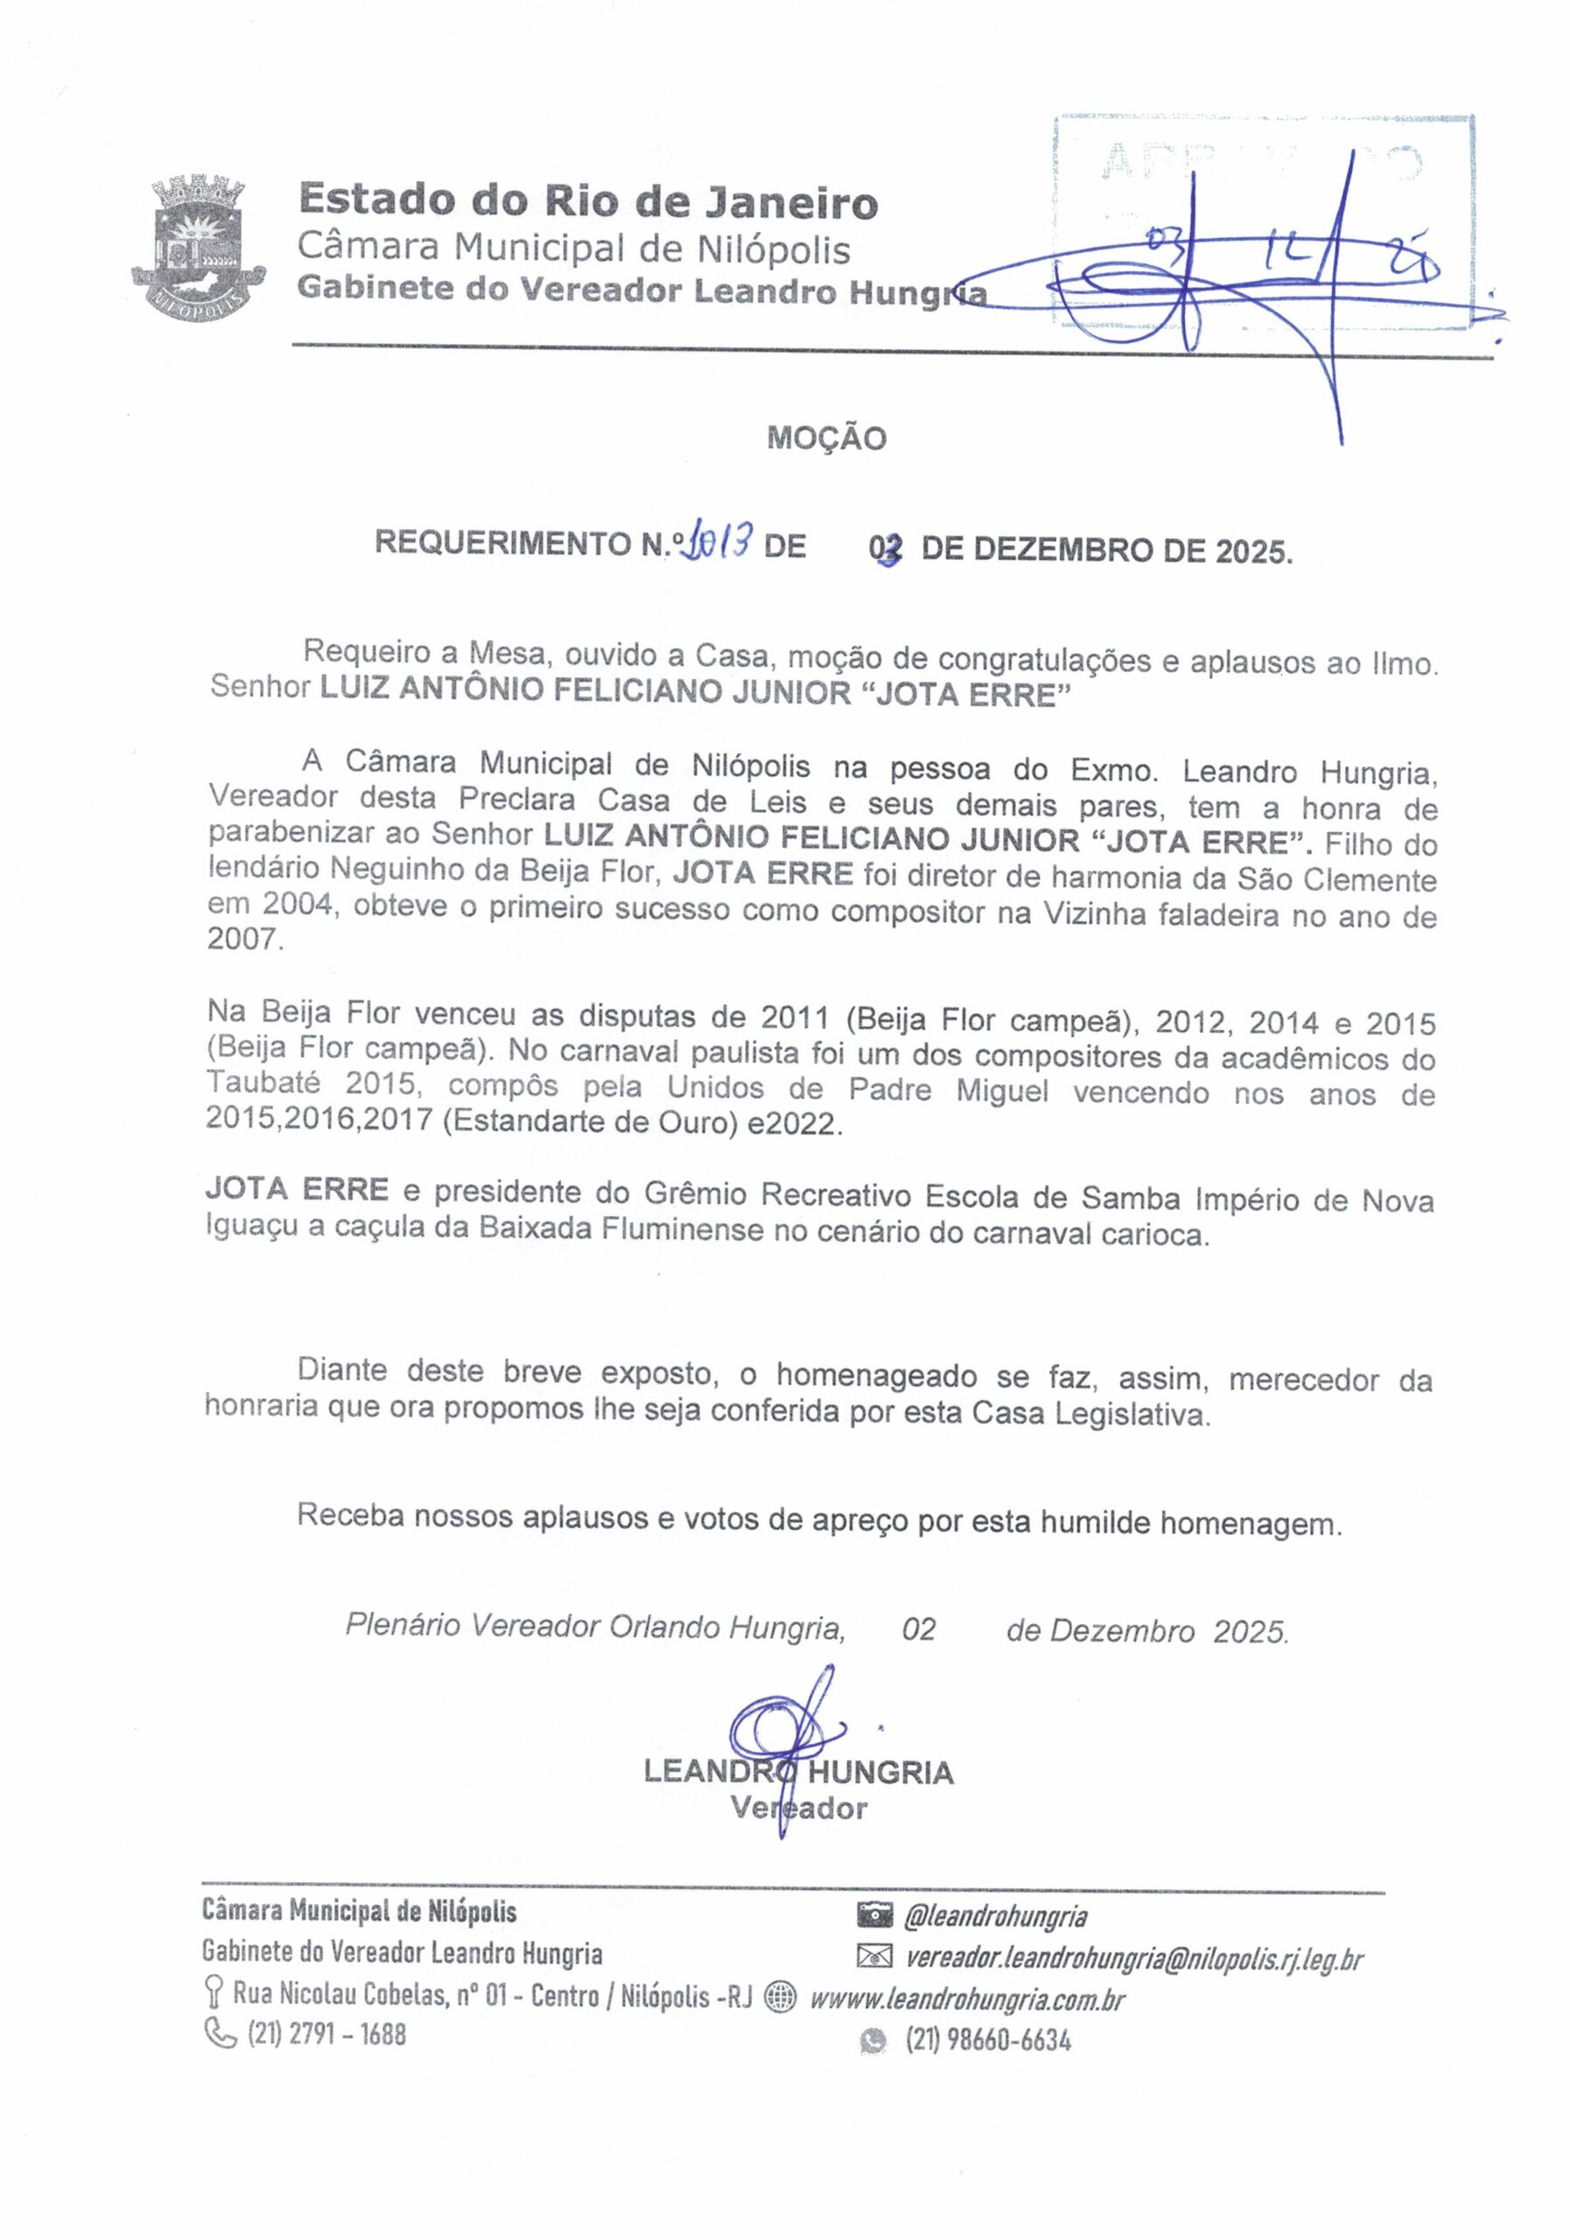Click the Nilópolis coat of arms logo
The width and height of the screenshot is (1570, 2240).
pyautogui.click(x=198, y=244)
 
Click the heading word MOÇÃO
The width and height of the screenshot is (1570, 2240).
pyautogui.click(x=826, y=438)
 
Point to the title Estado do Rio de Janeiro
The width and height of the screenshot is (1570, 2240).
pyautogui.click(x=588, y=201)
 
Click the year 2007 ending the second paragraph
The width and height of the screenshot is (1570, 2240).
pyautogui.click(x=243, y=941)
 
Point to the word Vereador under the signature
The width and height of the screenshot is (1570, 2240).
pyautogui.click(x=798, y=1808)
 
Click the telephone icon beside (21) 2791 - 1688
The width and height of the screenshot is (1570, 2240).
pyautogui.click(x=220, y=2034)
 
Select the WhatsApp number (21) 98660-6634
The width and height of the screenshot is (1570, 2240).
pyautogui.click(x=987, y=2039)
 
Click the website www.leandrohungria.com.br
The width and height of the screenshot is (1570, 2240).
pyautogui.click(x=967, y=1999)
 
